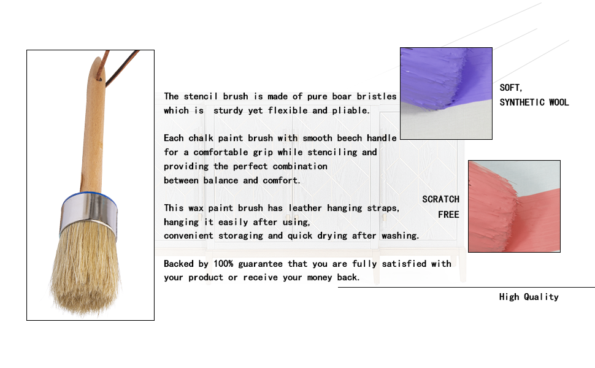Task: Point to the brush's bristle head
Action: coord(86,269)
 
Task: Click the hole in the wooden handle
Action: coord(99,79)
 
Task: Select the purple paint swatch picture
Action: coord(447,93)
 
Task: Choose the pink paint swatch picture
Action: coord(514,206)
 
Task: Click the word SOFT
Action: coord(510,88)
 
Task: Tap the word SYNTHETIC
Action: coord(522,102)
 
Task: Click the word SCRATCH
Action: coord(440,199)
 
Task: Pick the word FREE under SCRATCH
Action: coord(448,214)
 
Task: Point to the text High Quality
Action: coord(529,297)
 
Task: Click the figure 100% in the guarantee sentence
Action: coord(223,264)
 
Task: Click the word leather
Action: coord(305,208)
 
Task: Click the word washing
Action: coord(401,236)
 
